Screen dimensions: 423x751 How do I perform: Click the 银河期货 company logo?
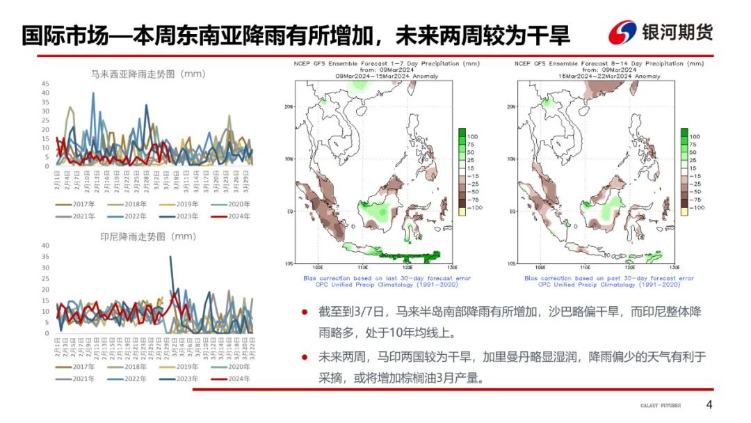tap(661, 32)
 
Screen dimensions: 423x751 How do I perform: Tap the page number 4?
tap(709, 405)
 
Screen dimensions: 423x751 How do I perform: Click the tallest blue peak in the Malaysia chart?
tap(93, 94)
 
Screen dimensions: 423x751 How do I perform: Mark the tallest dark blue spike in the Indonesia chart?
tap(171, 257)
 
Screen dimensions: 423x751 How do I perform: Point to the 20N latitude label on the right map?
tap(510, 106)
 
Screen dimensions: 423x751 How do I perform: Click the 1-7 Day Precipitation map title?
tap(387, 63)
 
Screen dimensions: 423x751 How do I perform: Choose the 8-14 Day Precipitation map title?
tap(609, 63)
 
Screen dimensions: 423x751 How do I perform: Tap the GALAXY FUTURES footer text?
tap(661, 406)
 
